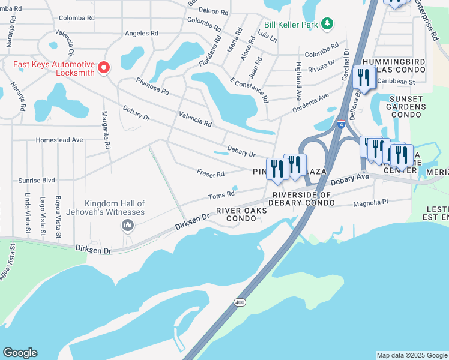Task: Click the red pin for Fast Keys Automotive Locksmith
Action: (x=104, y=67)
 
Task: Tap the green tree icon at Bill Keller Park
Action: (x=327, y=23)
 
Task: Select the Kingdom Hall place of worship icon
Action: (x=127, y=226)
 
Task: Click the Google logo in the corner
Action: (x=20, y=353)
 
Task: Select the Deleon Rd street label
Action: (x=214, y=11)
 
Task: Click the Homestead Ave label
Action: (x=59, y=140)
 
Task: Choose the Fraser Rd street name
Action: (x=211, y=173)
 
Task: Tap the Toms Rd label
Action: (x=220, y=196)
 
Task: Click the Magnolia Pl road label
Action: (x=372, y=202)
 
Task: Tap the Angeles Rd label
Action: (x=142, y=34)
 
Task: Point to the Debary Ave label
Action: (x=349, y=179)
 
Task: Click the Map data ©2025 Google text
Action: (x=411, y=355)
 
